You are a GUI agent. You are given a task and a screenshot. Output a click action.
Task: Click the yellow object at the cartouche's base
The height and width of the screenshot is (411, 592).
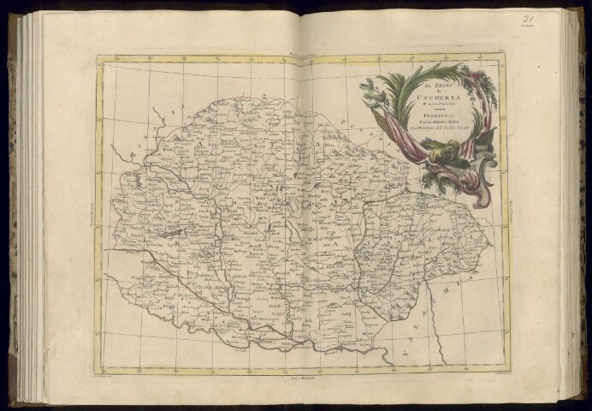coord(444,154)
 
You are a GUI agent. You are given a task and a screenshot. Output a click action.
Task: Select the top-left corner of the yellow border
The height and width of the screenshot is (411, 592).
coord(98,57)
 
